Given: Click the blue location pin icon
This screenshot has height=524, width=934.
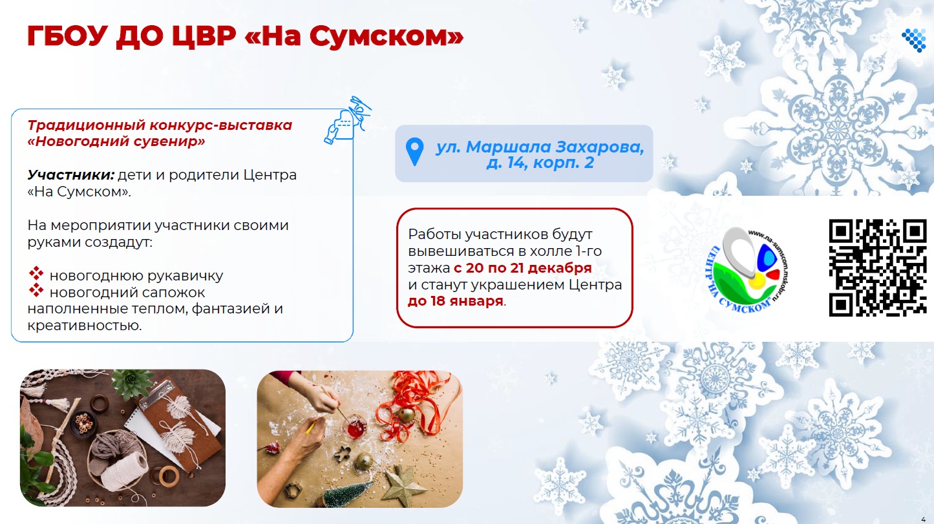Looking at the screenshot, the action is (414, 152).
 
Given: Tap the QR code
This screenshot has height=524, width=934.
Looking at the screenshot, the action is (878, 267).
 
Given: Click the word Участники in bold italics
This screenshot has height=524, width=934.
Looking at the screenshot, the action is (70, 175).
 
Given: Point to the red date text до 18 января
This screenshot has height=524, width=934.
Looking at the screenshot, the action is (455, 301).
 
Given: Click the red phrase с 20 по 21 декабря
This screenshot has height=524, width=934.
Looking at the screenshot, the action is (522, 267).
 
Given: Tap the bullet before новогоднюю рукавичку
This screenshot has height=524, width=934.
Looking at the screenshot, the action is (36, 273).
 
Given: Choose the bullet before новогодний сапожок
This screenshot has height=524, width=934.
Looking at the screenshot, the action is (36, 290).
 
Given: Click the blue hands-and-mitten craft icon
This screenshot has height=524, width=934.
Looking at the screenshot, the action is (347, 120).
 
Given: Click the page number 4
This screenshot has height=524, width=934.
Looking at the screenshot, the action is (923, 519).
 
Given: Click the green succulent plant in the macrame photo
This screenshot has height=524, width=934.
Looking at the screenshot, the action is (133, 384).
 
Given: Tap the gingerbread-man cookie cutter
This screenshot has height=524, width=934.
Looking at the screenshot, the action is (343, 454).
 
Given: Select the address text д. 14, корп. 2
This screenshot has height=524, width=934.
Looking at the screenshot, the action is (540, 163).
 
